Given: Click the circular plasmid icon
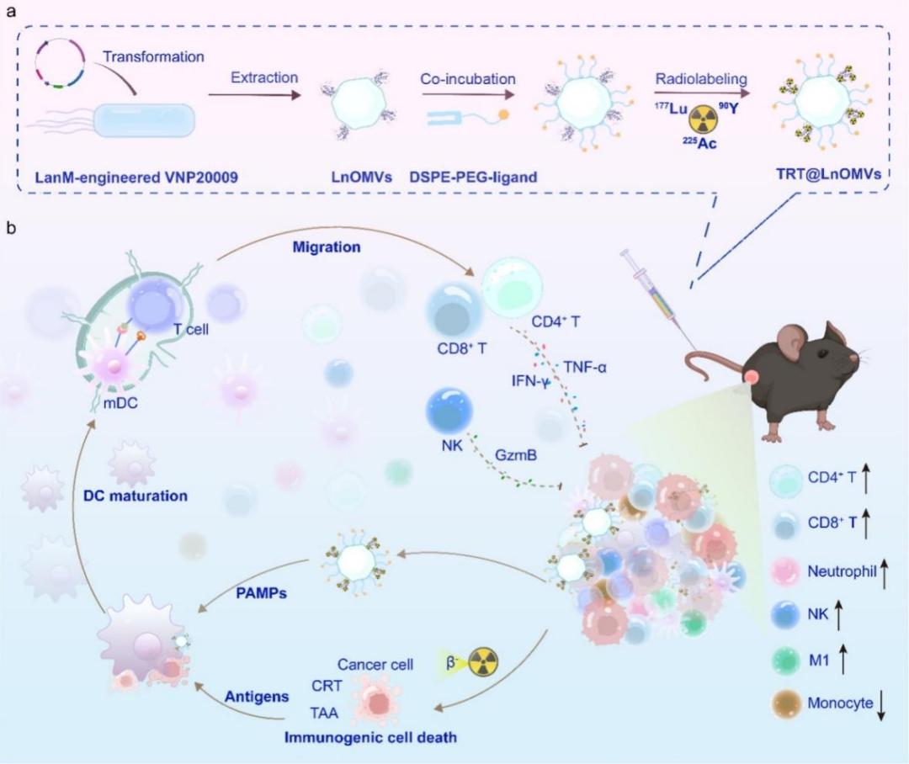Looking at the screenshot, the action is [x=60, y=63].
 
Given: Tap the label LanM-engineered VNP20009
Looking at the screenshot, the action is [x=136, y=177].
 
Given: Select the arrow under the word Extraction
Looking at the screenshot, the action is [x=255, y=94].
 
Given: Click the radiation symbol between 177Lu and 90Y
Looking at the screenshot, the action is [x=703, y=120].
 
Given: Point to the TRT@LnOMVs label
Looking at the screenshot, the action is [x=829, y=173].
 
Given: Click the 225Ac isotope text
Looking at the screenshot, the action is [x=699, y=142].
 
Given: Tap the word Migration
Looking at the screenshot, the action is [x=327, y=247].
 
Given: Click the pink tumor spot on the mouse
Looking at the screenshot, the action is [x=752, y=377].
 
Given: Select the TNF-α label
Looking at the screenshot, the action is [x=585, y=367].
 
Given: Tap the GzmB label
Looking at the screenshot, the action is [x=515, y=455].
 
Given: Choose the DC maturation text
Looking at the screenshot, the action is [x=136, y=496].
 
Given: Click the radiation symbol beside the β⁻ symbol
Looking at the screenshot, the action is [x=483, y=662].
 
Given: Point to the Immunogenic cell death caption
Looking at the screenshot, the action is [x=370, y=738].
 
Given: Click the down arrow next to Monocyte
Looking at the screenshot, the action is [x=881, y=703].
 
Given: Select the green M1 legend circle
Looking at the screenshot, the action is [x=787, y=661].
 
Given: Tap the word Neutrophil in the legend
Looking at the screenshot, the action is [x=842, y=571].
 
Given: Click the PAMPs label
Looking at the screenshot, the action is [x=262, y=593].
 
